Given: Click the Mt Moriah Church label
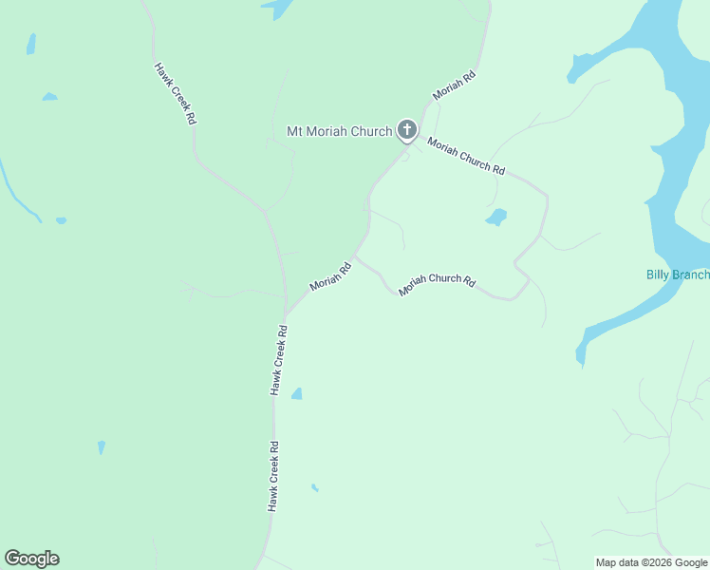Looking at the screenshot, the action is click(339, 131).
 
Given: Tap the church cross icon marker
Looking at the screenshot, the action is click(407, 129).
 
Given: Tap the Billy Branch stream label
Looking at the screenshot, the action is click(678, 275).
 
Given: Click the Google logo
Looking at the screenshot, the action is click(31, 559).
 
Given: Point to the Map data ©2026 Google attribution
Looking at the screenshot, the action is click(651, 562).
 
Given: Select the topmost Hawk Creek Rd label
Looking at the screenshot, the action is click(176, 94).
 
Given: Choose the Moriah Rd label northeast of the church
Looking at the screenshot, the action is click(454, 85).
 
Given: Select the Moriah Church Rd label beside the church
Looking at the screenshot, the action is click(465, 156).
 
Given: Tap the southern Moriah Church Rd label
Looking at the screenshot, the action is click(436, 284).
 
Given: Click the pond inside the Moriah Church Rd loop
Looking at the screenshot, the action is click(496, 218).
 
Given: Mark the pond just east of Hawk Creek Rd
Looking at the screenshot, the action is click(297, 393).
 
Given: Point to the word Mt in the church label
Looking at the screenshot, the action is click(295, 131).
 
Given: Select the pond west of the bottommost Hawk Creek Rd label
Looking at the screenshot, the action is click(101, 446).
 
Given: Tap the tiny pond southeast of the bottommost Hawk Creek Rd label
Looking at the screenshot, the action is click(314, 488).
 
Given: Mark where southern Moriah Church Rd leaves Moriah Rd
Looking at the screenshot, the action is click(357, 256).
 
